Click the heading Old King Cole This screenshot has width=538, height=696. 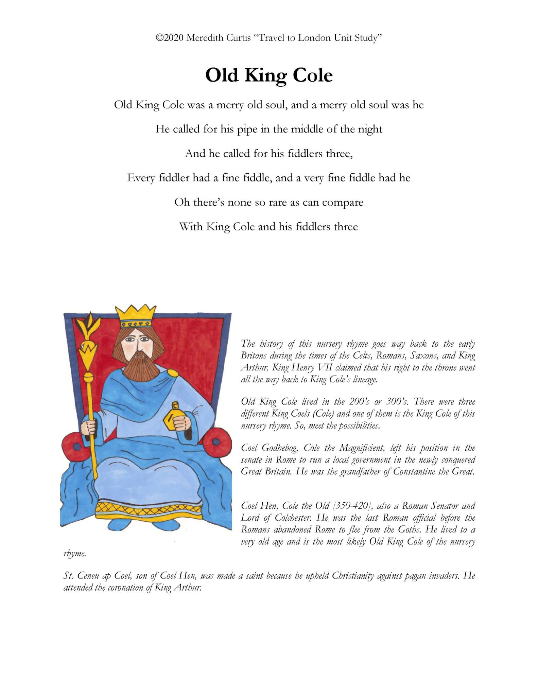click(269, 75)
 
